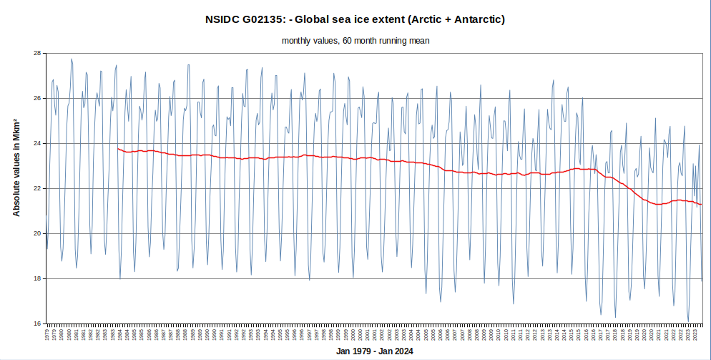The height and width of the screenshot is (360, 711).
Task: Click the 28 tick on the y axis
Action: pyautogui.click(x=37, y=53)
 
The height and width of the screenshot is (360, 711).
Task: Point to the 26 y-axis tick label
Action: pyautogui.click(x=37, y=98)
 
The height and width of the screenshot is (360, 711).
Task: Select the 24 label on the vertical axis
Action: pyautogui.click(x=37, y=143)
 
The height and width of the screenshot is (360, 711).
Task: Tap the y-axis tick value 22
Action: pyautogui.click(x=37, y=188)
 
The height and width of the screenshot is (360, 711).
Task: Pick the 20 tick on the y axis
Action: pyautogui.click(x=37, y=233)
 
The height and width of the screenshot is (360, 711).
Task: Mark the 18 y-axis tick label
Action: pyautogui.click(x=37, y=278)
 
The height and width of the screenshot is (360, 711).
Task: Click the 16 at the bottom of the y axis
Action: pyautogui.click(x=37, y=323)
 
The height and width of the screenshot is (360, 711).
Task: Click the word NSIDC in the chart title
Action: pyautogui.click(x=224, y=19)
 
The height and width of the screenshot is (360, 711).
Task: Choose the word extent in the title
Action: pyautogui.click(x=392, y=19)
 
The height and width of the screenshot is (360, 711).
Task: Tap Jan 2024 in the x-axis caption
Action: pyautogui.click(x=396, y=351)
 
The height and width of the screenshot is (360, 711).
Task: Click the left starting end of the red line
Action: pyautogui.click(x=117, y=148)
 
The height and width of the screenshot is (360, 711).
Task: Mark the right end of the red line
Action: pyautogui.click(x=702, y=205)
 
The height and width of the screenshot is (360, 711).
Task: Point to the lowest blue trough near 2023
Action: pyautogui.click(x=688, y=321)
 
